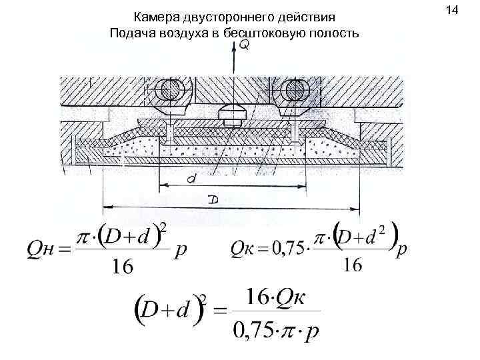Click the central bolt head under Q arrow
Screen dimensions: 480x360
click(x=231, y=114)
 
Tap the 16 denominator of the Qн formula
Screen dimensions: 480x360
click(x=122, y=266)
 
